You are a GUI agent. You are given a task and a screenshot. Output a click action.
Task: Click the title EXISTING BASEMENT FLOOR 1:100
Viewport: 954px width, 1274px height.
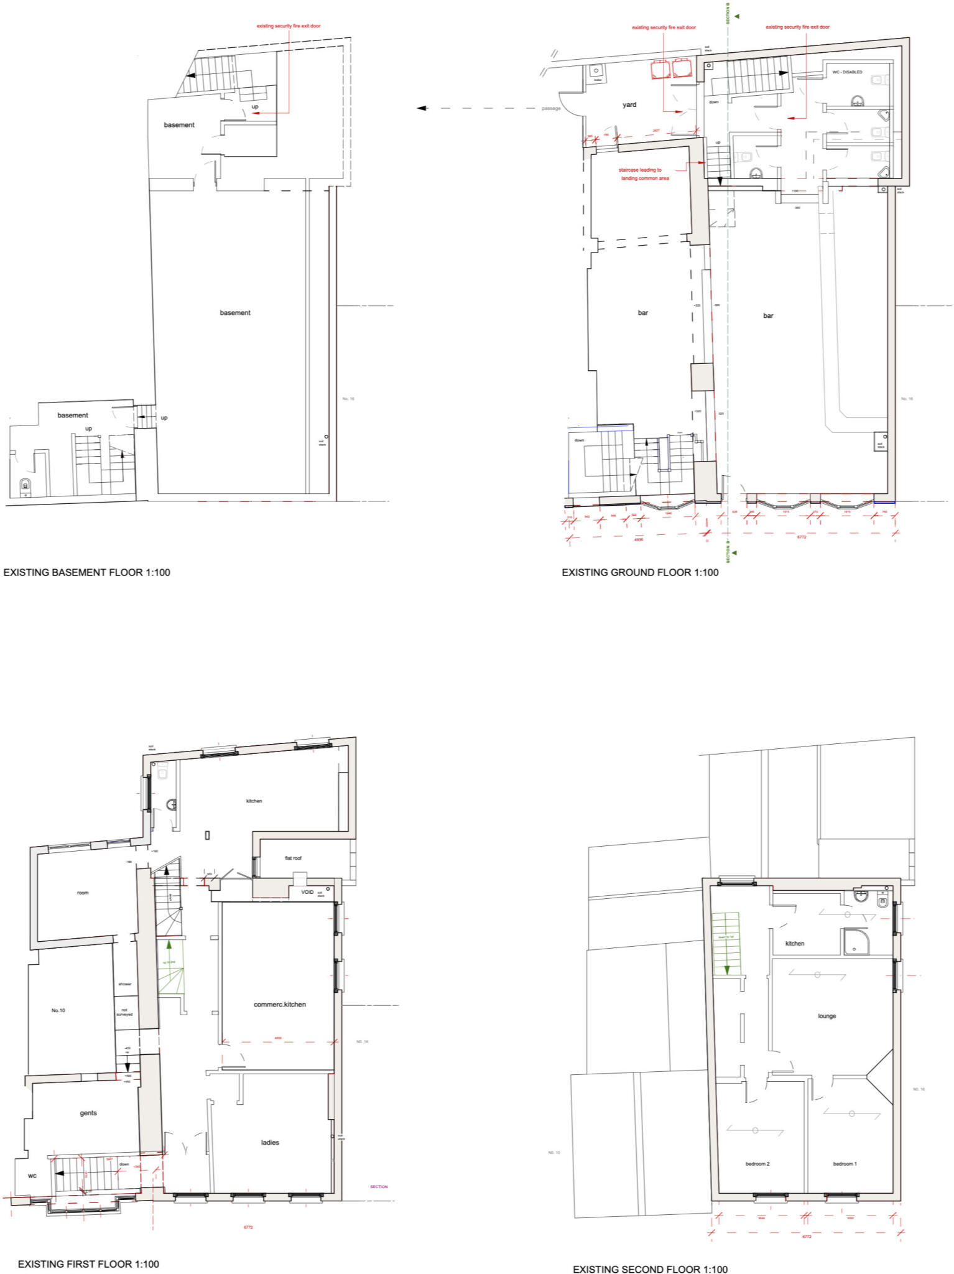[x=87, y=572]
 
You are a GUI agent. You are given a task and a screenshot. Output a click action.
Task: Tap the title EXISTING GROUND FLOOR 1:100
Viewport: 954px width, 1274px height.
[x=640, y=572]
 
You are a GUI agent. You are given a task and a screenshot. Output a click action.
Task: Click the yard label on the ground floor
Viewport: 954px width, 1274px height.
[x=629, y=105]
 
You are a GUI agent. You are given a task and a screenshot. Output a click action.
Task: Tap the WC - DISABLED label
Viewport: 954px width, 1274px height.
[x=847, y=72]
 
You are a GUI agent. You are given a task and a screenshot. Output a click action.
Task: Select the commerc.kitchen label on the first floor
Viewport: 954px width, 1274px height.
[x=280, y=1004]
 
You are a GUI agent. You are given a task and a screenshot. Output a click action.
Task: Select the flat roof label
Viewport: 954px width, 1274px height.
[x=293, y=858]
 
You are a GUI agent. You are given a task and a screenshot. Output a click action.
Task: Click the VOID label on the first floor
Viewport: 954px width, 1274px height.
[x=307, y=892]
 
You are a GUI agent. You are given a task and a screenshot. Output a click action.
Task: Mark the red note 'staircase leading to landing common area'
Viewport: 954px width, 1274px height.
[x=644, y=174]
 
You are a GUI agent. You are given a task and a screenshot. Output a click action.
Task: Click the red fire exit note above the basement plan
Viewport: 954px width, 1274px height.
[x=289, y=26]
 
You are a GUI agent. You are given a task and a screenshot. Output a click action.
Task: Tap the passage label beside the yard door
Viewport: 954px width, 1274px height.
[x=551, y=109]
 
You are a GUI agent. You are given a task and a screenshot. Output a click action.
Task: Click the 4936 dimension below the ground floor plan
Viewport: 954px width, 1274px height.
[x=638, y=539]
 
